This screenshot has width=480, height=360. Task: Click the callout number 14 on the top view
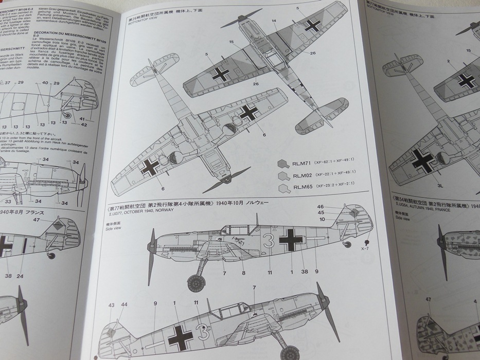coord(274,21)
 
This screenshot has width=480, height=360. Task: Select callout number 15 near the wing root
coord(232,42)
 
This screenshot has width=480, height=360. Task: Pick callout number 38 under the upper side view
coord(305,272)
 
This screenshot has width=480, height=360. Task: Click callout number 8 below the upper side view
coord(243,273)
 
